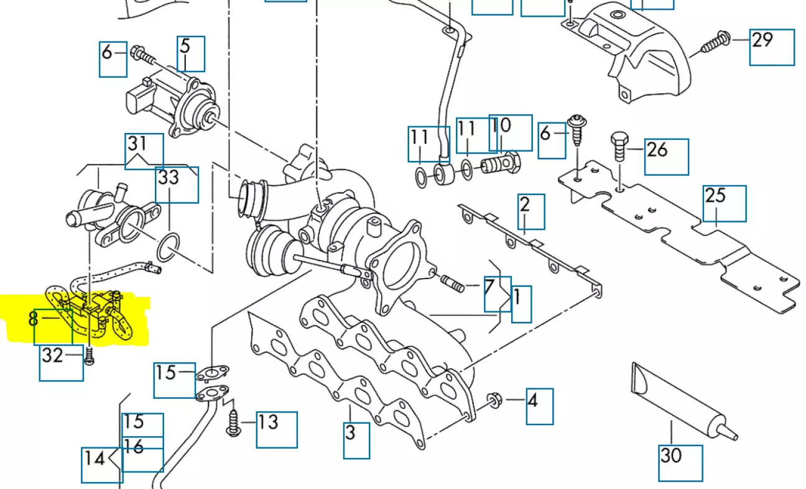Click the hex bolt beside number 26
pos(620,146)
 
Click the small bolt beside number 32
pos(88,357)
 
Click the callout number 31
pos(137,144)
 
